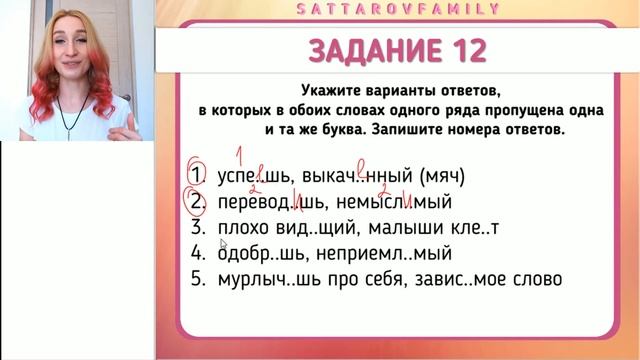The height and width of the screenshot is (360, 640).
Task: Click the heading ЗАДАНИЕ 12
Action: click(x=398, y=51)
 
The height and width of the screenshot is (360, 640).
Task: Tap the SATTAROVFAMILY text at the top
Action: click(x=398, y=8)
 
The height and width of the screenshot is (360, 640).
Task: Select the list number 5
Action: click(x=197, y=279)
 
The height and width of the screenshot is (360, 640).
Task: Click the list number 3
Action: click(x=197, y=228)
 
